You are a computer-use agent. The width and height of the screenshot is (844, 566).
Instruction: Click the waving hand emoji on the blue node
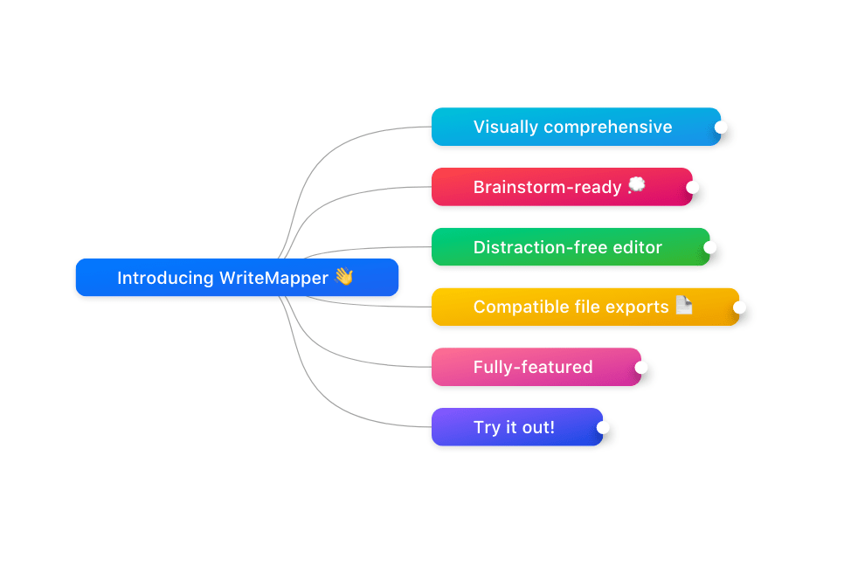pyautogui.click(x=344, y=277)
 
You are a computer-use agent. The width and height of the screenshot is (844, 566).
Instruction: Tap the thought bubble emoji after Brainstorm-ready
pyautogui.click(x=636, y=184)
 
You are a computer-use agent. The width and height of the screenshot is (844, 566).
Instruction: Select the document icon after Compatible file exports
pyautogui.click(x=683, y=305)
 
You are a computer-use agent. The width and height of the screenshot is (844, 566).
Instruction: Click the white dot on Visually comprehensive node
pyautogui.click(x=721, y=127)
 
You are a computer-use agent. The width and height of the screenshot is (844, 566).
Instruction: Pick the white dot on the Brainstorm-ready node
pyautogui.click(x=692, y=187)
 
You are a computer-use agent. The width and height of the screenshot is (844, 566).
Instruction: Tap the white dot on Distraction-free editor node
pyautogui.click(x=710, y=247)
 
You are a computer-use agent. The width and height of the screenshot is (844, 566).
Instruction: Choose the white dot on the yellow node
pyautogui.click(x=739, y=307)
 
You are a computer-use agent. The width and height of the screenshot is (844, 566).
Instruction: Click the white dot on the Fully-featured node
pyautogui.click(x=640, y=368)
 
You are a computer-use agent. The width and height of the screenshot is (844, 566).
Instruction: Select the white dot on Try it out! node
pyautogui.click(x=603, y=427)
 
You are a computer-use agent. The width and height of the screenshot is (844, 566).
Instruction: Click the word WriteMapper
pyautogui.click(x=274, y=278)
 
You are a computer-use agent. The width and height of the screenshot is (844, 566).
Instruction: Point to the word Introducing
pyautogui.click(x=165, y=278)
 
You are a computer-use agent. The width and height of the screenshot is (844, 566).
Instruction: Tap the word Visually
pyautogui.click(x=505, y=128)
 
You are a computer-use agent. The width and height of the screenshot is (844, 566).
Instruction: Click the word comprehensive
pyautogui.click(x=608, y=128)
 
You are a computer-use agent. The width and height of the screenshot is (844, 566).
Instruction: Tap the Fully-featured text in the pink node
pyautogui.click(x=533, y=368)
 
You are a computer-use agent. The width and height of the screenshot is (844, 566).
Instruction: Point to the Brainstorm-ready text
pyautogui.click(x=548, y=187)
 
